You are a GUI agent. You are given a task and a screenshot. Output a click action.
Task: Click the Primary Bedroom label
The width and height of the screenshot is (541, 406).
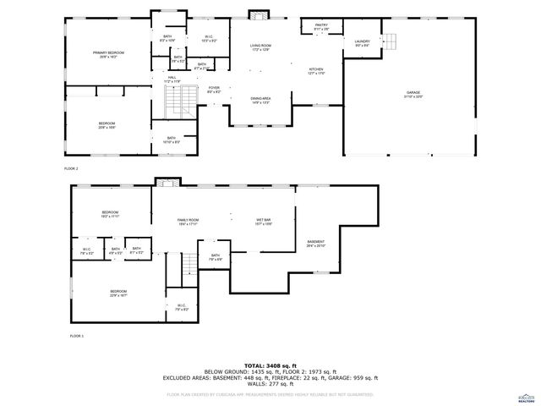pyautogui.click(x=109, y=53)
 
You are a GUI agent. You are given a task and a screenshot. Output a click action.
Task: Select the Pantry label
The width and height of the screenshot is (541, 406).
pyautogui.click(x=321, y=26)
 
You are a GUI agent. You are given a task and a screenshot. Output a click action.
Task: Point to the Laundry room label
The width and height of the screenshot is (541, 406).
pyautogui.click(x=363, y=41)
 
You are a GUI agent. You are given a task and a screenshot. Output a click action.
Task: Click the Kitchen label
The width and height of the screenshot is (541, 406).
pyautogui.click(x=315, y=70)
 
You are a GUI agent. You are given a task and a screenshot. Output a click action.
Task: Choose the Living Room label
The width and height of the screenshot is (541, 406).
pyautogui.click(x=260, y=46)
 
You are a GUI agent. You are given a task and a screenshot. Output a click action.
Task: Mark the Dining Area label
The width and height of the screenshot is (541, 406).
pyautogui.click(x=260, y=100)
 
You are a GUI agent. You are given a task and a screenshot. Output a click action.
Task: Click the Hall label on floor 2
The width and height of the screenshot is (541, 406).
pyautogui.click(x=172, y=79)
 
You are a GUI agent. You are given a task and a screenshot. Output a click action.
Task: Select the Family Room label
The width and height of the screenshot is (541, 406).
pyautogui.click(x=187, y=222)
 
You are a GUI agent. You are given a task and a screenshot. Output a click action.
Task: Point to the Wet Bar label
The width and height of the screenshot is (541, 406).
pyautogui.click(x=264, y=222)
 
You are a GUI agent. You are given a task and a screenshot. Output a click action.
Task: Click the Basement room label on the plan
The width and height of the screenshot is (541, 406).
pyautogui.click(x=316, y=243)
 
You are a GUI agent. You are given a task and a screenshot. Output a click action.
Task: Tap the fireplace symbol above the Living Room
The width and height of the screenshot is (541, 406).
pyautogui.click(x=258, y=14)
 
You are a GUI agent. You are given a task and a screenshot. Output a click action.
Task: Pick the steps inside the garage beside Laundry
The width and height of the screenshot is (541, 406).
pyautogui.click(x=390, y=41)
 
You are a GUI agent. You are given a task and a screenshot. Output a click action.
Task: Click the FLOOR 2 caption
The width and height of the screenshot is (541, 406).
pyautogui.click(x=71, y=168)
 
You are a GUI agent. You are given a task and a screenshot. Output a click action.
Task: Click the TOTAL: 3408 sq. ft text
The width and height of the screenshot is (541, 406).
pyautogui.click(x=271, y=365)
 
